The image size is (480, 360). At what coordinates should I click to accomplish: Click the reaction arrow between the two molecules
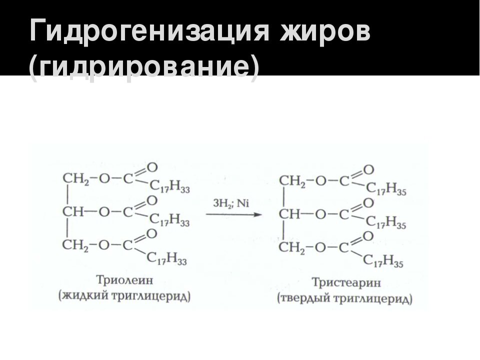coord(234,215)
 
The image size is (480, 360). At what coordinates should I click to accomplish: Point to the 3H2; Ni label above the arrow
coord(231,203)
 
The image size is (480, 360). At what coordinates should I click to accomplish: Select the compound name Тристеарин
coord(346,283)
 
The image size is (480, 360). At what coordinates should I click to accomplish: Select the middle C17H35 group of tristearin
coord(386,223)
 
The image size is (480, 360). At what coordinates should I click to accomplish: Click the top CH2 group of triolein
coord(73,179)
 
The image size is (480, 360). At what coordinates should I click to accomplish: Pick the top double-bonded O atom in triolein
coord(152,167)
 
